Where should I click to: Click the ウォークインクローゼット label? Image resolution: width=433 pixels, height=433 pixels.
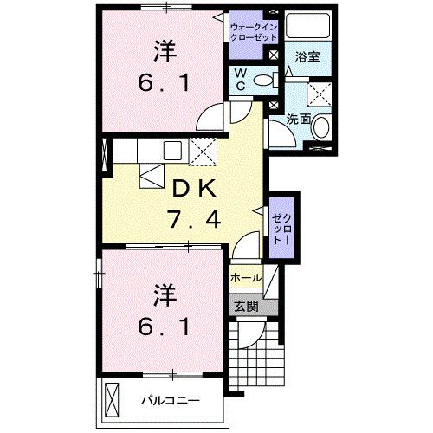[x=254, y=32]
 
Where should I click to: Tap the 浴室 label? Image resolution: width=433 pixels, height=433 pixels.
[x=307, y=57]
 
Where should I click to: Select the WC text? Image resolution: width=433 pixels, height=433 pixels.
[x=240, y=80]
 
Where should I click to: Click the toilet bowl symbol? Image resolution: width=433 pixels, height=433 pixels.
[x=267, y=80]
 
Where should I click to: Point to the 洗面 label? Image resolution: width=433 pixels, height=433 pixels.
[x=299, y=119]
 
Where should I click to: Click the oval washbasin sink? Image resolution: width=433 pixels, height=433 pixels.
[x=321, y=127]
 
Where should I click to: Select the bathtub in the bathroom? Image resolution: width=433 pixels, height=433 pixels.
[x=307, y=26]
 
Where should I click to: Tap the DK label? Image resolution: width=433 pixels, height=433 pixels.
[x=194, y=188]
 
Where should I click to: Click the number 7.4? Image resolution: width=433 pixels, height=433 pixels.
[x=195, y=219]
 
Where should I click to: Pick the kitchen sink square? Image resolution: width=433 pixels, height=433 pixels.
[x=172, y=151]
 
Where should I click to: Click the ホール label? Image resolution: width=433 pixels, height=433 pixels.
[x=246, y=278]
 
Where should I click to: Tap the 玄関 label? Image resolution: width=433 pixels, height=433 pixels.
[x=246, y=307]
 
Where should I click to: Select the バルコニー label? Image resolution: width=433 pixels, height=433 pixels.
[x=171, y=401]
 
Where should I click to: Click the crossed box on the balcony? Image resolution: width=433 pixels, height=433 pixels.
[x=112, y=400]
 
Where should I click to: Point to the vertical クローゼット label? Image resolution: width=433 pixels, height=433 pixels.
[x=281, y=228]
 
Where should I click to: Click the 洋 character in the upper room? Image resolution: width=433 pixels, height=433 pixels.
[x=165, y=51]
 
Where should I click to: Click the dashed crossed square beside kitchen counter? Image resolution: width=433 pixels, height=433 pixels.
[x=203, y=152]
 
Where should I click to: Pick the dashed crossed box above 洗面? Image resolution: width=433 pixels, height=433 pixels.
[x=319, y=94]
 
